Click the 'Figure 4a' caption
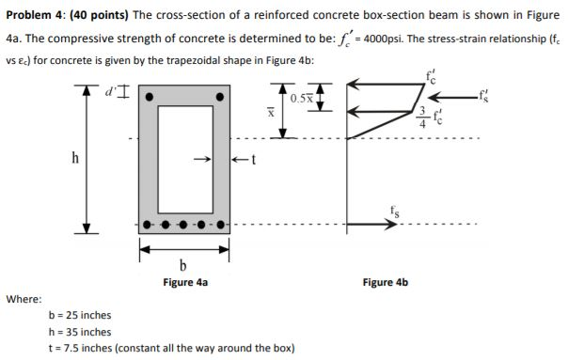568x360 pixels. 185,281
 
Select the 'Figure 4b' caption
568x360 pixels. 386,281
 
